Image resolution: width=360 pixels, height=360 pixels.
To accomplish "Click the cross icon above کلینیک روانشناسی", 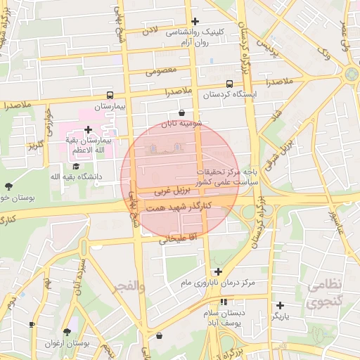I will (195, 21).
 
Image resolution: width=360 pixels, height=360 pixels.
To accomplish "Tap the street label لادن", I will (151, 31).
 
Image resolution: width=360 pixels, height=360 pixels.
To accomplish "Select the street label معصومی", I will (159, 71).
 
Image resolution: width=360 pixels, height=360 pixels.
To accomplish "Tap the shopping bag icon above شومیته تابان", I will (182, 112).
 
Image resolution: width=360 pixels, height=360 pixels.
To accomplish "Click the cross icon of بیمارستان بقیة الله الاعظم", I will (88, 129).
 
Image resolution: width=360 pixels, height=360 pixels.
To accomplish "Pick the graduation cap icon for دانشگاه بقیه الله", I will (75, 166).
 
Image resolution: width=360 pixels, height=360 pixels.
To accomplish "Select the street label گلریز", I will (36, 146).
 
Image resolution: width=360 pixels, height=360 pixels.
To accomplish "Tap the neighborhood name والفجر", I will (131, 286).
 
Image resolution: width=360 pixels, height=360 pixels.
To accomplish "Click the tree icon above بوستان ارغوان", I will (67, 332).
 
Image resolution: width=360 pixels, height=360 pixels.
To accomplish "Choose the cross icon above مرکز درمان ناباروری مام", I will (218, 271).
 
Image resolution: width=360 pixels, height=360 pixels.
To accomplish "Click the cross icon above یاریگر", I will (280, 305).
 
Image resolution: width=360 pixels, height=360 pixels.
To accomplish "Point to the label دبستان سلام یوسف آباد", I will (223, 317).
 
